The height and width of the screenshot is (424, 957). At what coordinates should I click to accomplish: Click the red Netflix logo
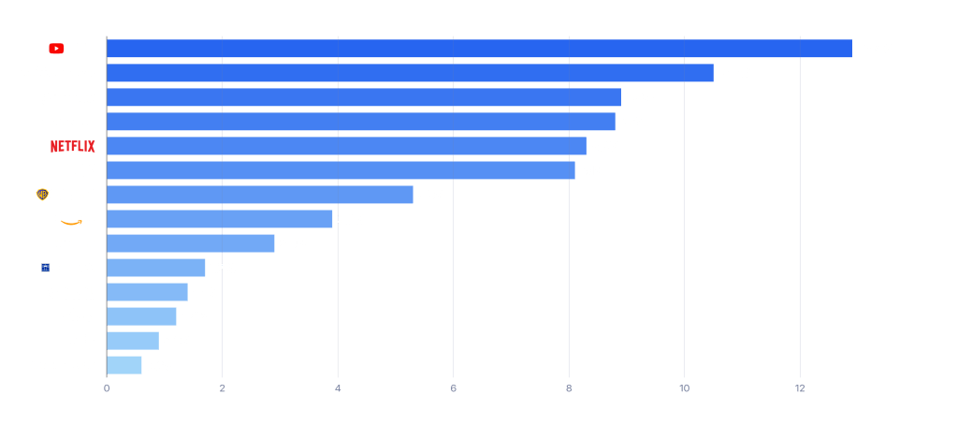[72, 146]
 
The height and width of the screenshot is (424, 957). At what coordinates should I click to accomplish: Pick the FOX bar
[341, 170]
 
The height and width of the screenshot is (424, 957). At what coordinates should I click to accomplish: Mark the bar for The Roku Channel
[191, 243]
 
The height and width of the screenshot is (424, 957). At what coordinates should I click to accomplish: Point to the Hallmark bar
[141, 316]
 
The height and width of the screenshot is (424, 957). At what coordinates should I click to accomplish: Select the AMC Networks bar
[124, 365]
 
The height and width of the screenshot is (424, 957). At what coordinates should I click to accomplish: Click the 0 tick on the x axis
[107, 387]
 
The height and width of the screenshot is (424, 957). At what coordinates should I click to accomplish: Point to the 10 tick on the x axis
[684, 387]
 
